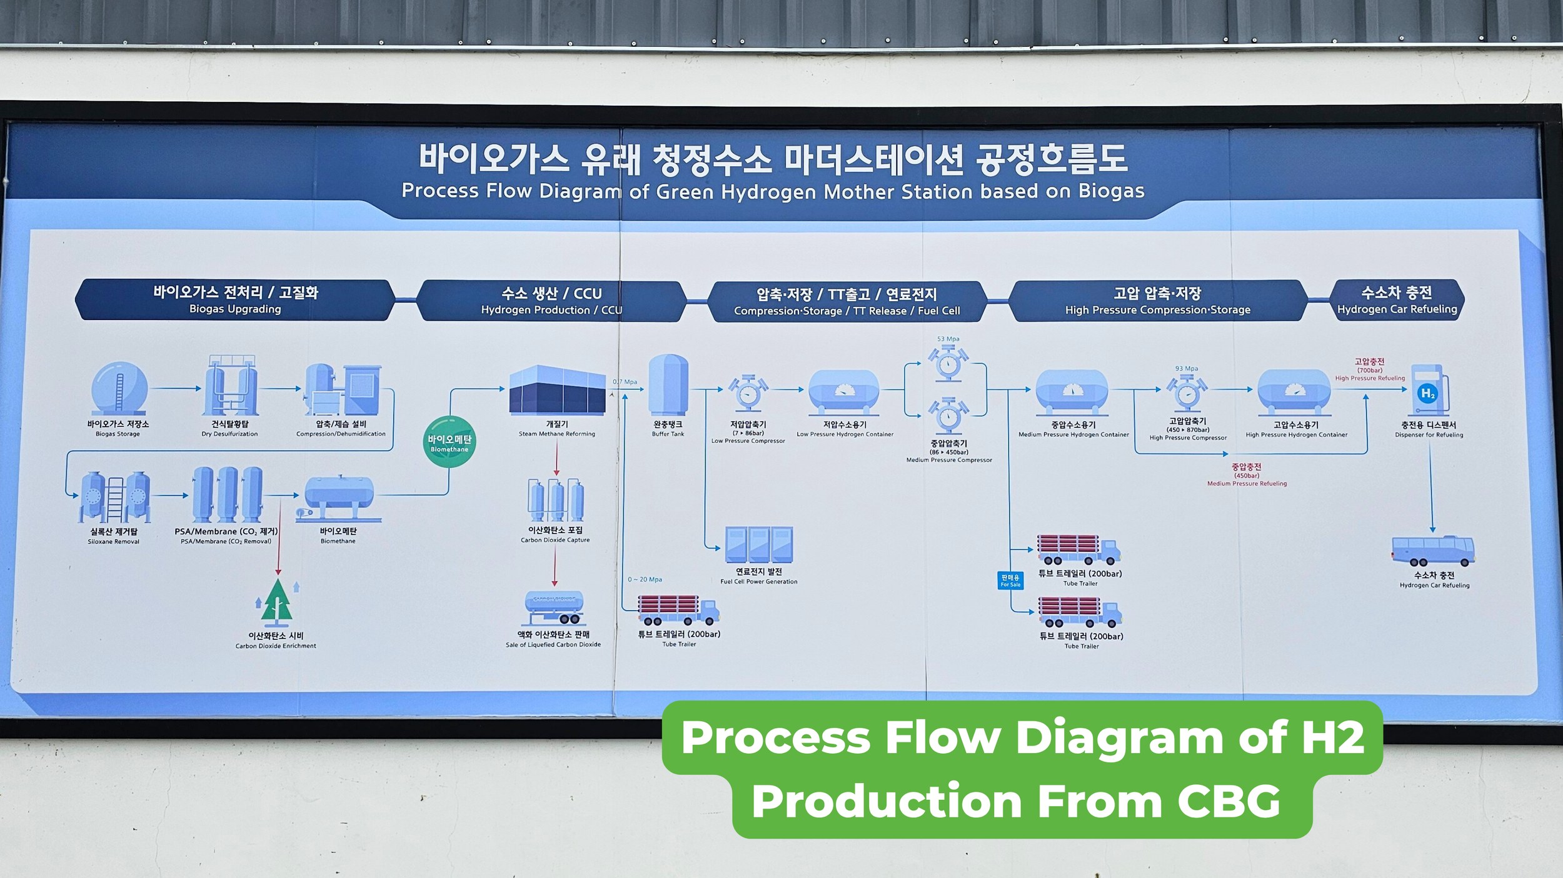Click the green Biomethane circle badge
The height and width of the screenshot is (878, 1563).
(449, 442)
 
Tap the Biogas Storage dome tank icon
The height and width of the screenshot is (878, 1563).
(119, 388)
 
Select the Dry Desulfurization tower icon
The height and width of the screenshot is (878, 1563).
(230, 386)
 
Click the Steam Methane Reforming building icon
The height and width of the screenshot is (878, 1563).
(556, 390)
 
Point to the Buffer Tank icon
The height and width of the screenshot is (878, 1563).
(668, 385)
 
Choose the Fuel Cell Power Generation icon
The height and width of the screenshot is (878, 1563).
(758, 544)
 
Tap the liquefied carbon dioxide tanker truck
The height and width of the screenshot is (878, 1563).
(555, 607)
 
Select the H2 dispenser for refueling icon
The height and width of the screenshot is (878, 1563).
(1428, 391)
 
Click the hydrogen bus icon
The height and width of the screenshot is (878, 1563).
(1432, 551)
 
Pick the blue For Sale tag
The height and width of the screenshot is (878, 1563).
(1010, 581)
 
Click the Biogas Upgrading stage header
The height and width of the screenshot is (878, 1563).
(235, 300)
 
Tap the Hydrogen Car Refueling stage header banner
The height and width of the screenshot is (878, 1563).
(1397, 300)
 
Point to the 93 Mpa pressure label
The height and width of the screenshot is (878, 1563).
(1186, 369)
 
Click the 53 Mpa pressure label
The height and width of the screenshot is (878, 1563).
(948, 339)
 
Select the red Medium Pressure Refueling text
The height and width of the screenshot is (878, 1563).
(1247, 484)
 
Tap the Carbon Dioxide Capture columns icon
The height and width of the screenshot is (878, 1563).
(555, 500)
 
